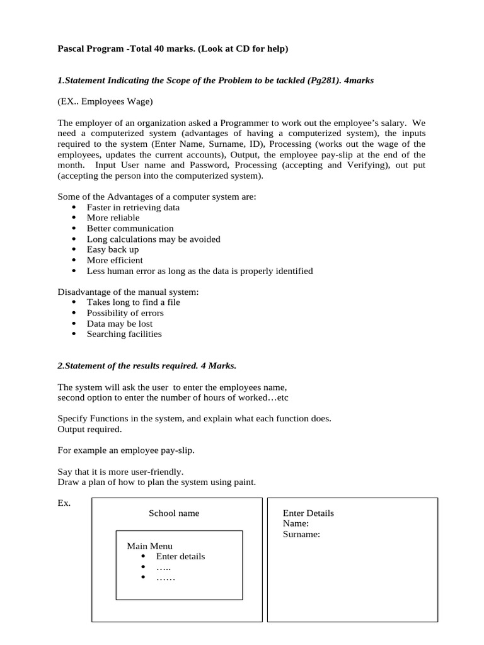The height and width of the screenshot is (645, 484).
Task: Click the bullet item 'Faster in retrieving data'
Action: [133, 207]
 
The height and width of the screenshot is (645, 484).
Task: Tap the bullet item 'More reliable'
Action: [113, 218]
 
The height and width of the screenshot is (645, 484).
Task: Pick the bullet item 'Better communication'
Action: [130, 229]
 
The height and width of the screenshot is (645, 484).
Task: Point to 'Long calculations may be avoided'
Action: [153, 239]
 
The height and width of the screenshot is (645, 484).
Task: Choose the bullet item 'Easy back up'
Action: [113, 249]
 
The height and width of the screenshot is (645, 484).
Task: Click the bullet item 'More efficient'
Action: [115, 260]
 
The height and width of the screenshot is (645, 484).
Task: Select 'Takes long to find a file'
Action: [133, 302]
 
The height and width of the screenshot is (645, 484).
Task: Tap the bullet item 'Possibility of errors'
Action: [125, 313]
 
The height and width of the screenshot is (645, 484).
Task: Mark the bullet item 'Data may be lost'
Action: [120, 324]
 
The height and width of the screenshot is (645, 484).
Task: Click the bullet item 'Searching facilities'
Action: [124, 334]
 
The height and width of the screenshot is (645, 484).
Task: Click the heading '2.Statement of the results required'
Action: [147, 366]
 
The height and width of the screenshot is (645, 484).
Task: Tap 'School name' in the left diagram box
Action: [174, 513]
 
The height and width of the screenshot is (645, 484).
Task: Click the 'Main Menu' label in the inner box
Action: [149, 546]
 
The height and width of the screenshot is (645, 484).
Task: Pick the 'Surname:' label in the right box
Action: [301, 535]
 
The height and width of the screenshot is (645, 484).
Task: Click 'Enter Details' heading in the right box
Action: [308, 513]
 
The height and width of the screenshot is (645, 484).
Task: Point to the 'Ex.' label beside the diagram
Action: [64, 503]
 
